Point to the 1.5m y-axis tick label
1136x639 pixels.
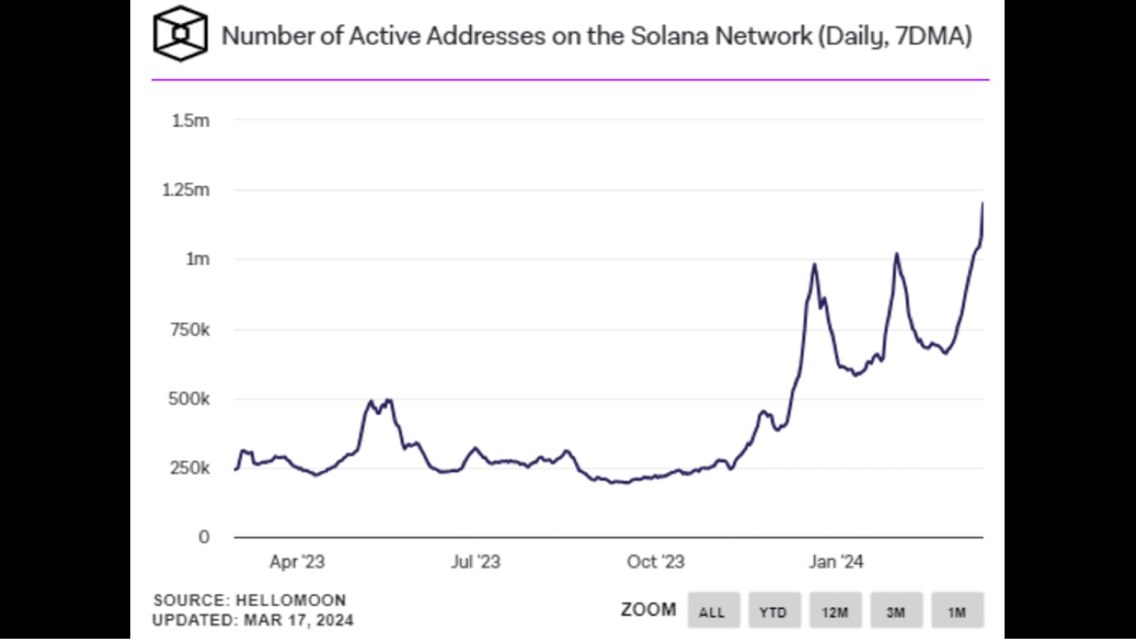[x=191, y=121]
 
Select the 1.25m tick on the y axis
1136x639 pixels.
[x=188, y=190]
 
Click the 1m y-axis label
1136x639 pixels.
[x=198, y=259]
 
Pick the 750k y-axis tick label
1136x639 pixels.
[x=190, y=329]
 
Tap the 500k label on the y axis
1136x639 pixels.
[x=190, y=399]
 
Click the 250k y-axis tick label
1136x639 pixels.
[x=190, y=468]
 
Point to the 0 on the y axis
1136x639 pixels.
[x=204, y=537]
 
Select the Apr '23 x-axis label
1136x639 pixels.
[x=297, y=562]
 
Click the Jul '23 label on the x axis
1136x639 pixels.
[x=475, y=562]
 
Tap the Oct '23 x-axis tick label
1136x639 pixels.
[x=655, y=562]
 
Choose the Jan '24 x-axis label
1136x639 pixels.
[x=835, y=562]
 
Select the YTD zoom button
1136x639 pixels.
[x=774, y=612]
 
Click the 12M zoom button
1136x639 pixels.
[x=834, y=612]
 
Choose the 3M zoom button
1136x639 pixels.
[x=895, y=612]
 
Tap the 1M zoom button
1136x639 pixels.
[x=956, y=612]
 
